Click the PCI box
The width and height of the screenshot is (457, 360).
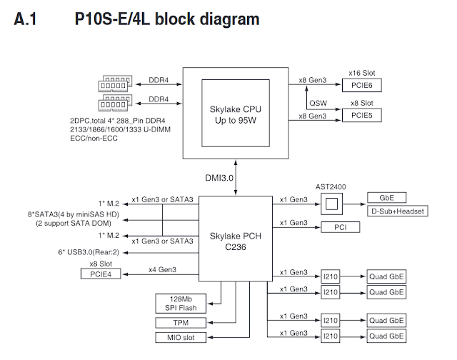(339, 229)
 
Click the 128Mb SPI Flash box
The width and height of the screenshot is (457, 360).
(180, 302)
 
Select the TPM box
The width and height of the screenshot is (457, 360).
(180, 322)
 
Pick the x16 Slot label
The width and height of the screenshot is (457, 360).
(363, 73)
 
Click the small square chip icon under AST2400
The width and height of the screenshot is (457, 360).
(330, 204)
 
